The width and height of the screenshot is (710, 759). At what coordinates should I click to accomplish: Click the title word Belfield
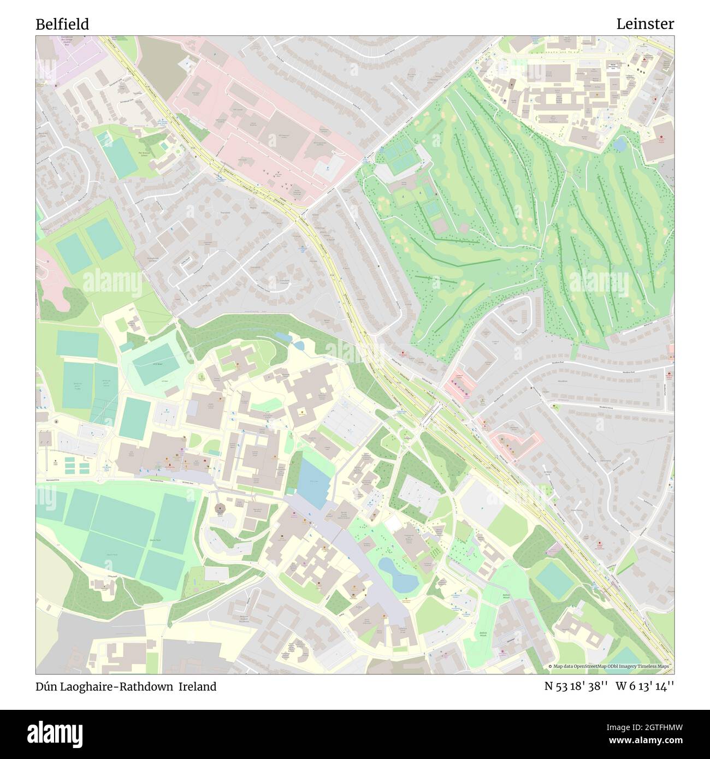tap(62, 24)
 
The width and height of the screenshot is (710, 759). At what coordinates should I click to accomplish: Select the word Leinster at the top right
tap(645, 24)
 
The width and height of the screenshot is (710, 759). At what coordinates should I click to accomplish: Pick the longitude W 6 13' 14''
tap(644, 686)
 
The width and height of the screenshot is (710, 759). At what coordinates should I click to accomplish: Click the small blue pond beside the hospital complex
tap(619, 144)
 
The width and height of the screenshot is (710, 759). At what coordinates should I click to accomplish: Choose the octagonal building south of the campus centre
tap(221, 508)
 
